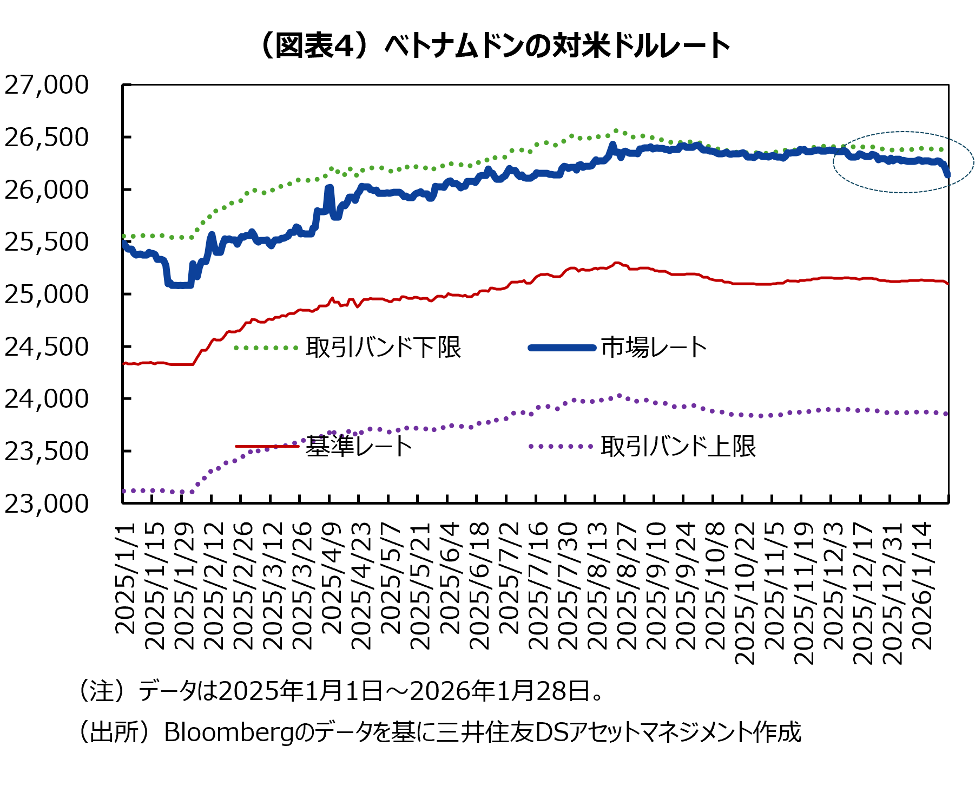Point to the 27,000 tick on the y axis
[x=47, y=85]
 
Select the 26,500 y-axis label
[x=47, y=138]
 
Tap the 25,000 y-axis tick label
[x=47, y=295]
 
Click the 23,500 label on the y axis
[x=47, y=451]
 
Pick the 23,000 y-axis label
[x=47, y=503]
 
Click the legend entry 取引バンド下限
[x=383, y=348]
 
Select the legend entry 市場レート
[x=654, y=348]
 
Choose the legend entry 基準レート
[x=359, y=447]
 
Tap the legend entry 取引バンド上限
[x=677, y=447]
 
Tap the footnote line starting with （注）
[x=341, y=691]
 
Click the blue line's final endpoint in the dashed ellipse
[x=947, y=174]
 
